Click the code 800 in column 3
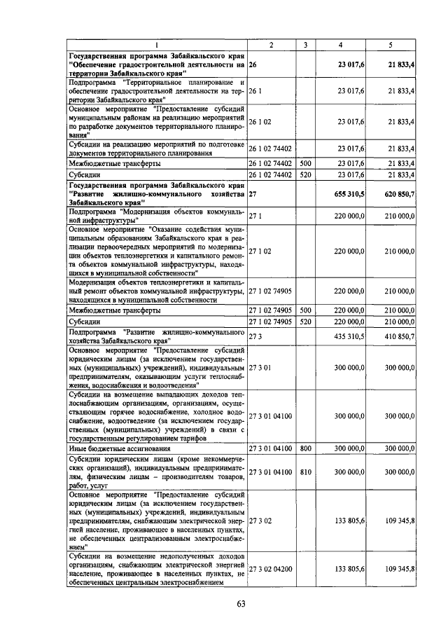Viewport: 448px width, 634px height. tap(305, 447)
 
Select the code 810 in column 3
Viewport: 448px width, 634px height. tap(305, 473)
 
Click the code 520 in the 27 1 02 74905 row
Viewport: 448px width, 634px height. tap(305, 322)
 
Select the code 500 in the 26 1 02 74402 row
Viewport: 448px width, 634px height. tap(305, 163)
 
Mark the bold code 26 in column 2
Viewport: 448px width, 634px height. tap(253, 64)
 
